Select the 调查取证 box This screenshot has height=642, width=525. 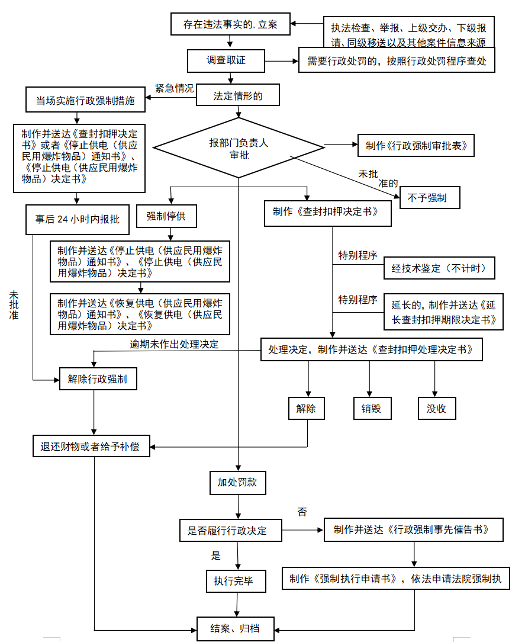tap(225, 60)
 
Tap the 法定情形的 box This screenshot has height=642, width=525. tap(237, 95)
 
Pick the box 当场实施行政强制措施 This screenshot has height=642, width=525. tap(85, 100)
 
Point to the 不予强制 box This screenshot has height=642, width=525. tap(427, 198)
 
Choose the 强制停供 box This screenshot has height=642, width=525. tap(166, 217)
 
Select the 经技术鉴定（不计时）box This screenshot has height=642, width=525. tap(439, 268)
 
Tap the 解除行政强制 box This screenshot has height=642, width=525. tap(98, 379)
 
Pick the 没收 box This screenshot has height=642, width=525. tap(436, 409)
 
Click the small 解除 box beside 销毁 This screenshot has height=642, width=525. tap(307, 409)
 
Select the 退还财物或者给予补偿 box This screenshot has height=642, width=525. tap(91, 446)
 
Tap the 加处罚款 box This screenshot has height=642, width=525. tap(237, 483)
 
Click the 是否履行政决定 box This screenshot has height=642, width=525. tap(231, 531)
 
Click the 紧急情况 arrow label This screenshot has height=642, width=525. tap(174, 88)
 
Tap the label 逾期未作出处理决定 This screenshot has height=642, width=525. tap(174, 344)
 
